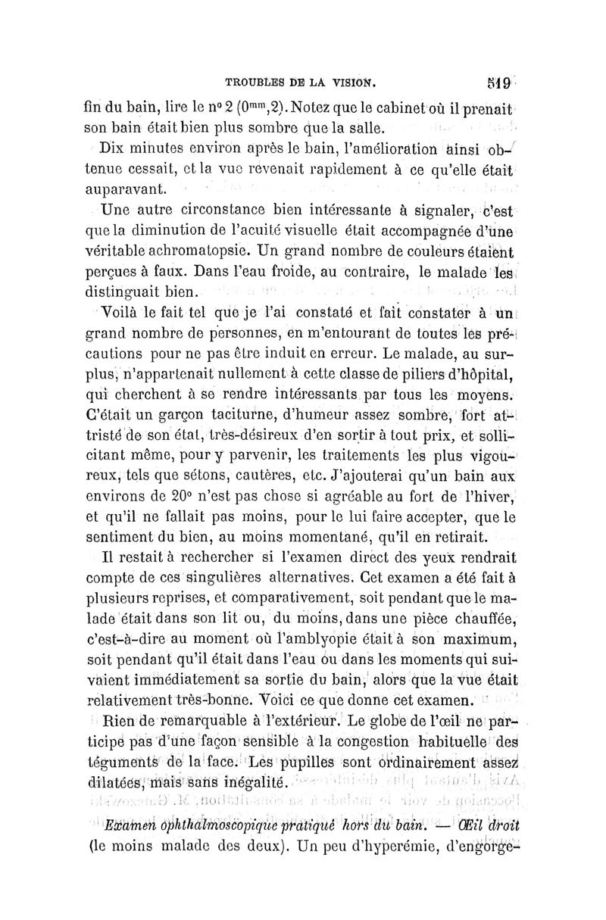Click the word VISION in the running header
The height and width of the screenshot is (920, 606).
[357, 76]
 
